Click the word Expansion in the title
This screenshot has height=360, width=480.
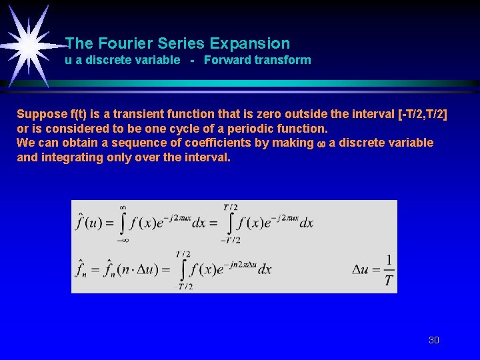click(249, 44)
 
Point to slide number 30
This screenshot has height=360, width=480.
click(433, 340)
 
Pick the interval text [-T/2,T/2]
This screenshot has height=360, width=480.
click(422, 114)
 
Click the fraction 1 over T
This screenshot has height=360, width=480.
click(389, 269)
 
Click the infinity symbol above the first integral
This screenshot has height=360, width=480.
click(123, 207)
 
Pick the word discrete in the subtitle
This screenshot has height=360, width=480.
click(101, 60)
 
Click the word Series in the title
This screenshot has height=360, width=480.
click(181, 44)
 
